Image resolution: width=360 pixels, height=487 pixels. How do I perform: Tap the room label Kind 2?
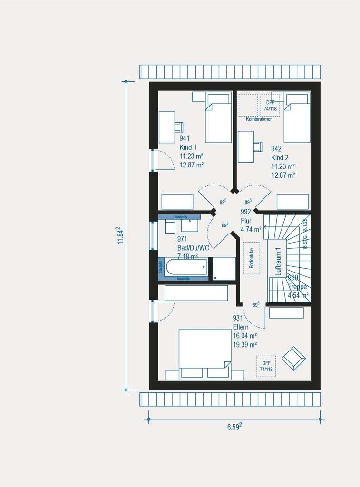280,157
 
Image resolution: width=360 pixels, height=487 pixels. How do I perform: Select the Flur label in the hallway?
246,220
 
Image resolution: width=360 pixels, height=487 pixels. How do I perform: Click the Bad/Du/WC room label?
193,248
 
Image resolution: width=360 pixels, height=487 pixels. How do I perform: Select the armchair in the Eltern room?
293,358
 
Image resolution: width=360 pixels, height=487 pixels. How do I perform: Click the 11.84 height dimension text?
121,236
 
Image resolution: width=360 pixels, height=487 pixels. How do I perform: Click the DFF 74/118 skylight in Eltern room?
266,366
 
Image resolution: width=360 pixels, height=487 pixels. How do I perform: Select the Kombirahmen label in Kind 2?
259,119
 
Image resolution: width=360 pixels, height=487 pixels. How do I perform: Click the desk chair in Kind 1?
179,127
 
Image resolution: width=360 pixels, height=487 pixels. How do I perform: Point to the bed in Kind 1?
218,119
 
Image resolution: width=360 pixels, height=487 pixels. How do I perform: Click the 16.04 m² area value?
245,336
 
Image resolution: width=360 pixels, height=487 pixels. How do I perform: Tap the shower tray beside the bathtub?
224,269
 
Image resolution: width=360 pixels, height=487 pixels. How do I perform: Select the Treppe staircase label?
298,287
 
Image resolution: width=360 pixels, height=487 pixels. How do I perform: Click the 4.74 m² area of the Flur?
251,229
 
